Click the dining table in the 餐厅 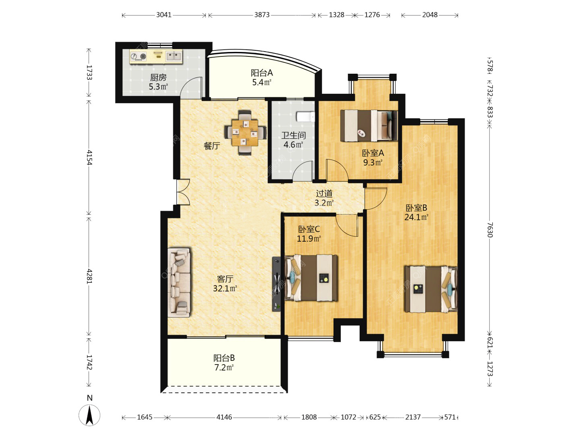coord(244,133)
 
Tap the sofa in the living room coord(179,282)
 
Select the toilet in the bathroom coord(305,116)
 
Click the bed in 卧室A coord(369,125)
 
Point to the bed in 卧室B coord(431,289)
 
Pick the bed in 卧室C coord(311,278)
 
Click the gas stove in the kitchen coord(139,56)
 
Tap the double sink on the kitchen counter coord(173,56)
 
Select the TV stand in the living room coord(276,284)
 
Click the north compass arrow coord(89,415)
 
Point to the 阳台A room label coord(261,72)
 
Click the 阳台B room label coord(224,358)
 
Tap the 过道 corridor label coord(324,194)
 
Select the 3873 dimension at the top coord(262,15)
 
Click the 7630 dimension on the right coord(490,230)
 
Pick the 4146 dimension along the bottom coord(224,417)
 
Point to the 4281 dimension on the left coord(89,276)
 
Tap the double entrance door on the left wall coord(183,192)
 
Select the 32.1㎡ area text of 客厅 coord(225,288)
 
